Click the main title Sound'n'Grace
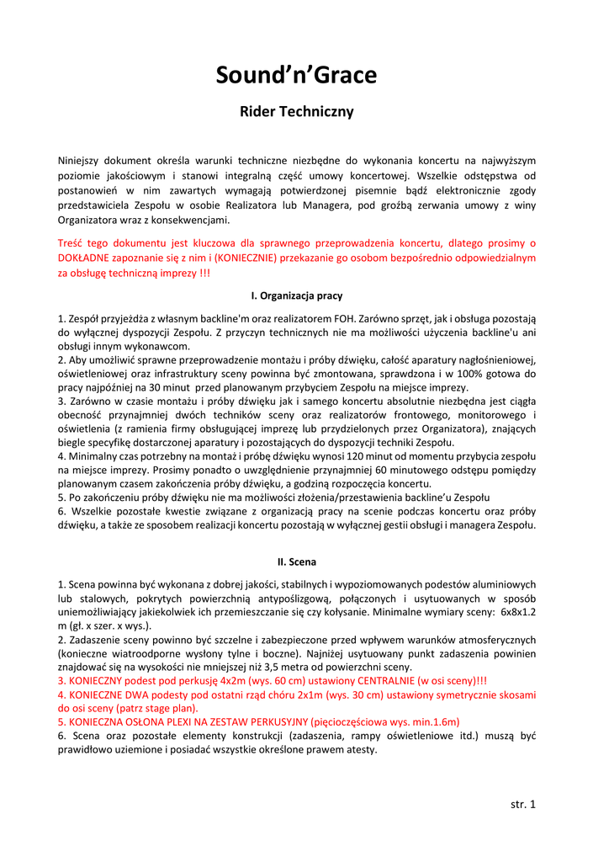point(296,76)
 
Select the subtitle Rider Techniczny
point(296,111)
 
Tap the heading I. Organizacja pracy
point(297,296)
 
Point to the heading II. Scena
point(297,561)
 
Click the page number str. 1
point(522,804)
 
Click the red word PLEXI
point(177,722)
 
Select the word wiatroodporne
point(144,653)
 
